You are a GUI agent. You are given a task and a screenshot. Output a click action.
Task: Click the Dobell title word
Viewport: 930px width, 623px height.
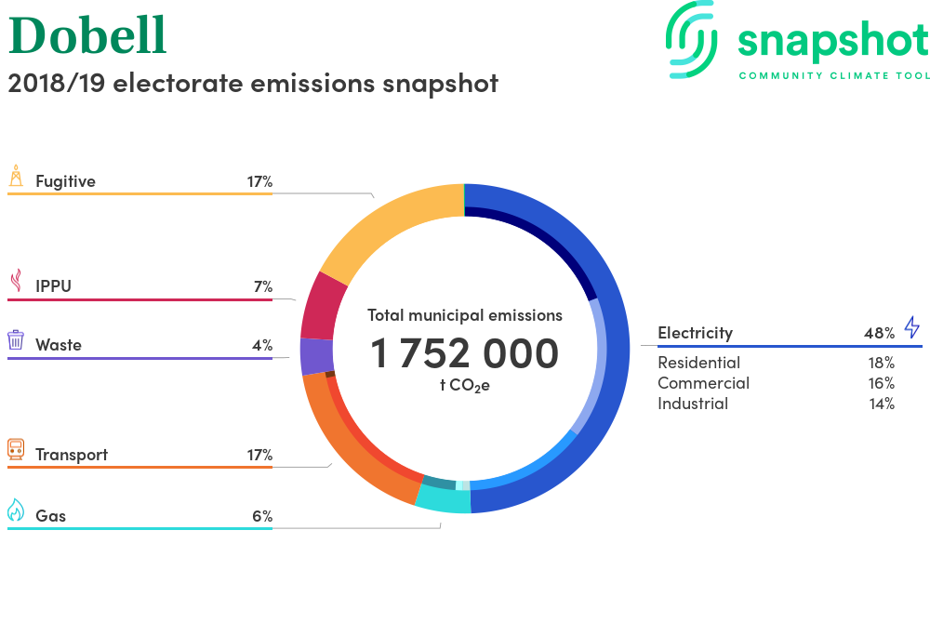(x=87, y=35)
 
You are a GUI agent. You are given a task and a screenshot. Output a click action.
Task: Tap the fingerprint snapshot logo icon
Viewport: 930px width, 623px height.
(x=691, y=39)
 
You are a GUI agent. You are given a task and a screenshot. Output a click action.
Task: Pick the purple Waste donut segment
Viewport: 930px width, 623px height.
(x=316, y=355)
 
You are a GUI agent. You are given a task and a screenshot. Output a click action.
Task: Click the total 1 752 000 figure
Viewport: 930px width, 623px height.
(x=464, y=353)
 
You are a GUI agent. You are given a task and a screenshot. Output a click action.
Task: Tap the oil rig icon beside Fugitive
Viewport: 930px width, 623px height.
(x=16, y=176)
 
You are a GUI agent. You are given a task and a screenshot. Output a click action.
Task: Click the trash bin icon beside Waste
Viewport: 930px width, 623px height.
(x=16, y=339)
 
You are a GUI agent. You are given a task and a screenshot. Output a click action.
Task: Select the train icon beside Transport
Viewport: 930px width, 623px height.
(x=16, y=449)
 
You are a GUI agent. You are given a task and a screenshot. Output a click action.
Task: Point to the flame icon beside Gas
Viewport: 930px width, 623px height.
(x=16, y=510)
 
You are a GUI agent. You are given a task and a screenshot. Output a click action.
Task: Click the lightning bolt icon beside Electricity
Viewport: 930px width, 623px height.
(x=912, y=326)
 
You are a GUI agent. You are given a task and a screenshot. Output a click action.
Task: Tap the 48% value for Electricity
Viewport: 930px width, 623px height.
(x=879, y=333)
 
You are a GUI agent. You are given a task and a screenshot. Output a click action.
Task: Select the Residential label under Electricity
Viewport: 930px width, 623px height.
(x=698, y=363)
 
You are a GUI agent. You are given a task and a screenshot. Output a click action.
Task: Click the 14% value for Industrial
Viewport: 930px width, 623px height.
(x=882, y=404)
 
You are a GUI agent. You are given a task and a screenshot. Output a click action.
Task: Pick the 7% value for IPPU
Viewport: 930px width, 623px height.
(x=263, y=287)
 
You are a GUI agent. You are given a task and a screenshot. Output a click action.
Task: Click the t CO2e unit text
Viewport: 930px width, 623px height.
(x=464, y=386)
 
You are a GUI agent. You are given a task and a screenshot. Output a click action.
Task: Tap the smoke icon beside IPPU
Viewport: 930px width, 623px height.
(x=17, y=281)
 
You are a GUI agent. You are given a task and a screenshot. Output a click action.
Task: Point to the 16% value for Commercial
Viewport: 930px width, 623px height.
(x=882, y=383)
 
